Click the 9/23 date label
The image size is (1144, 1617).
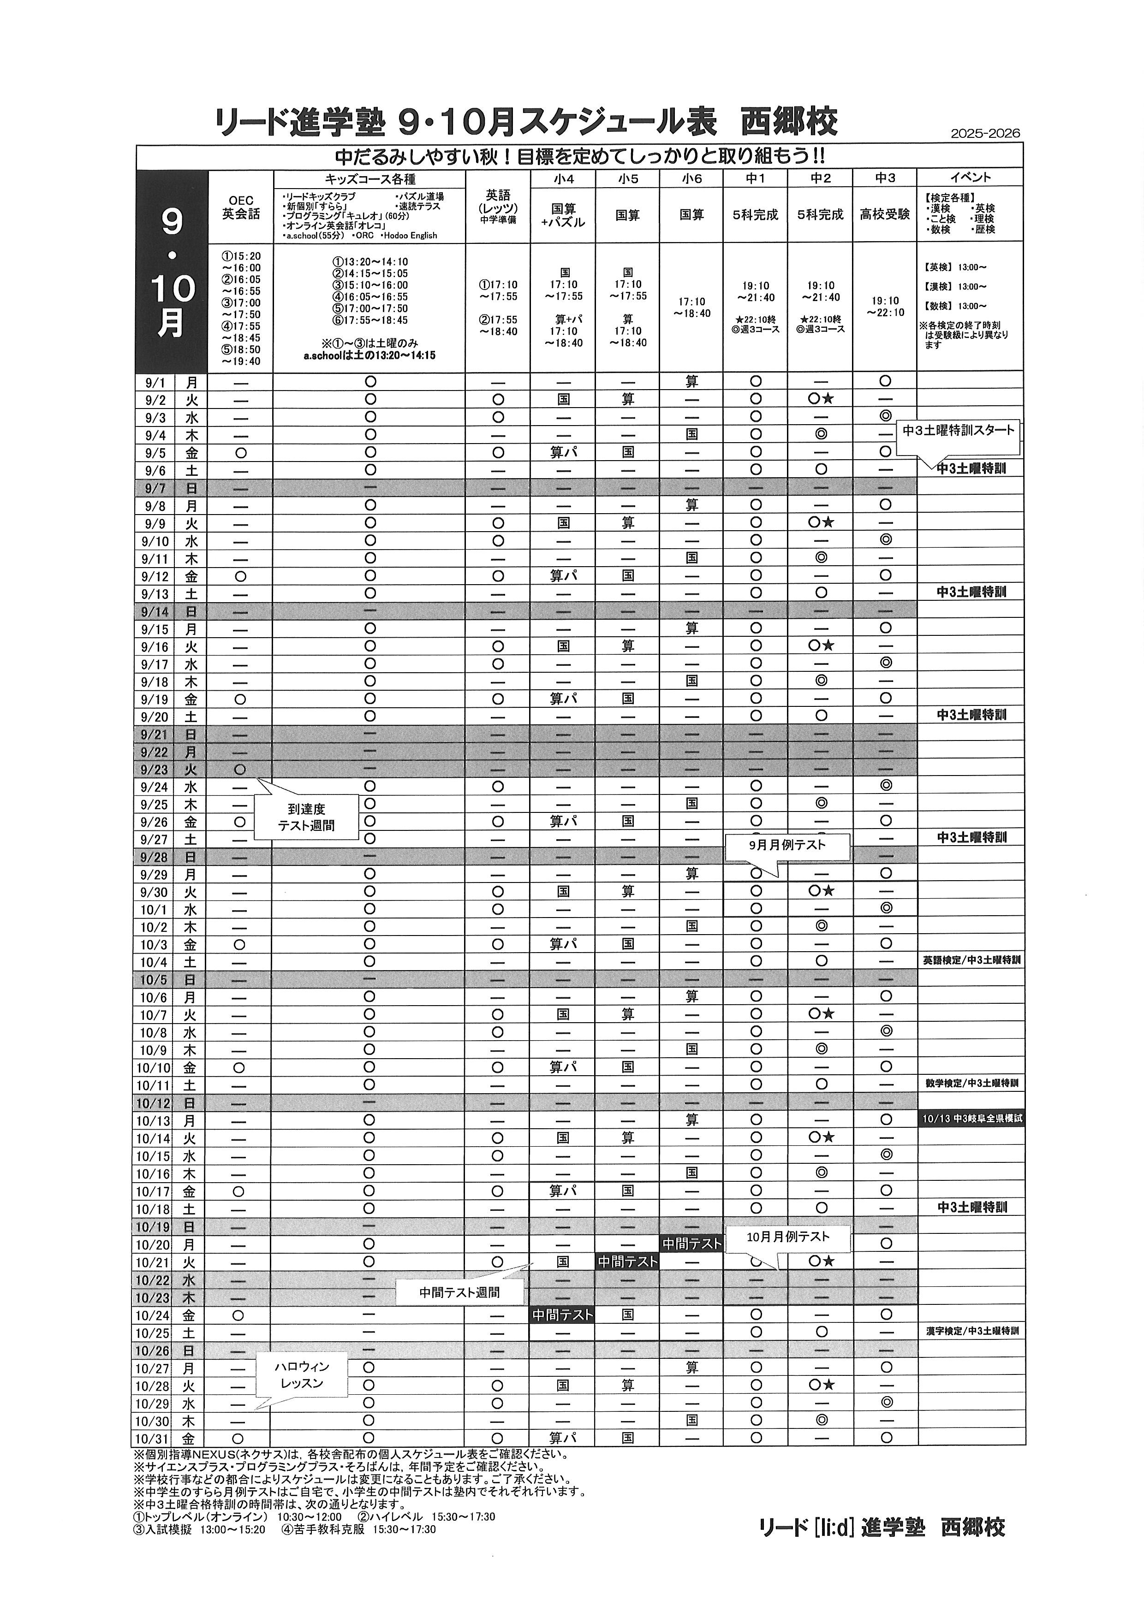(x=154, y=770)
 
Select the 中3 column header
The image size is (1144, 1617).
(x=885, y=178)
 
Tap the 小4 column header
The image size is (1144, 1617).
(x=564, y=178)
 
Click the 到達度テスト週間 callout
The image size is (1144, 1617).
(x=306, y=817)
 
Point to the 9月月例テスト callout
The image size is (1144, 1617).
(x=787, y=845)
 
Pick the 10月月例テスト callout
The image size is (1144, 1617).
(x=787, y=1237)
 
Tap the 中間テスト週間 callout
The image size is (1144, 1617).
(x=459, y=1292)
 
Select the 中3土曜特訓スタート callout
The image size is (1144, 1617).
(x=959, y=430)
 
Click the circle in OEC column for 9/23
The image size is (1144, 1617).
(x=239, y=769)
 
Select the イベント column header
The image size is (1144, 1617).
(x=970, y=178)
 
